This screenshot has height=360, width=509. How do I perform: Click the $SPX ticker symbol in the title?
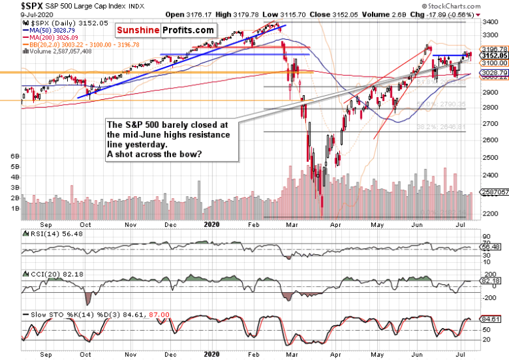click(x=17, y=6)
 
